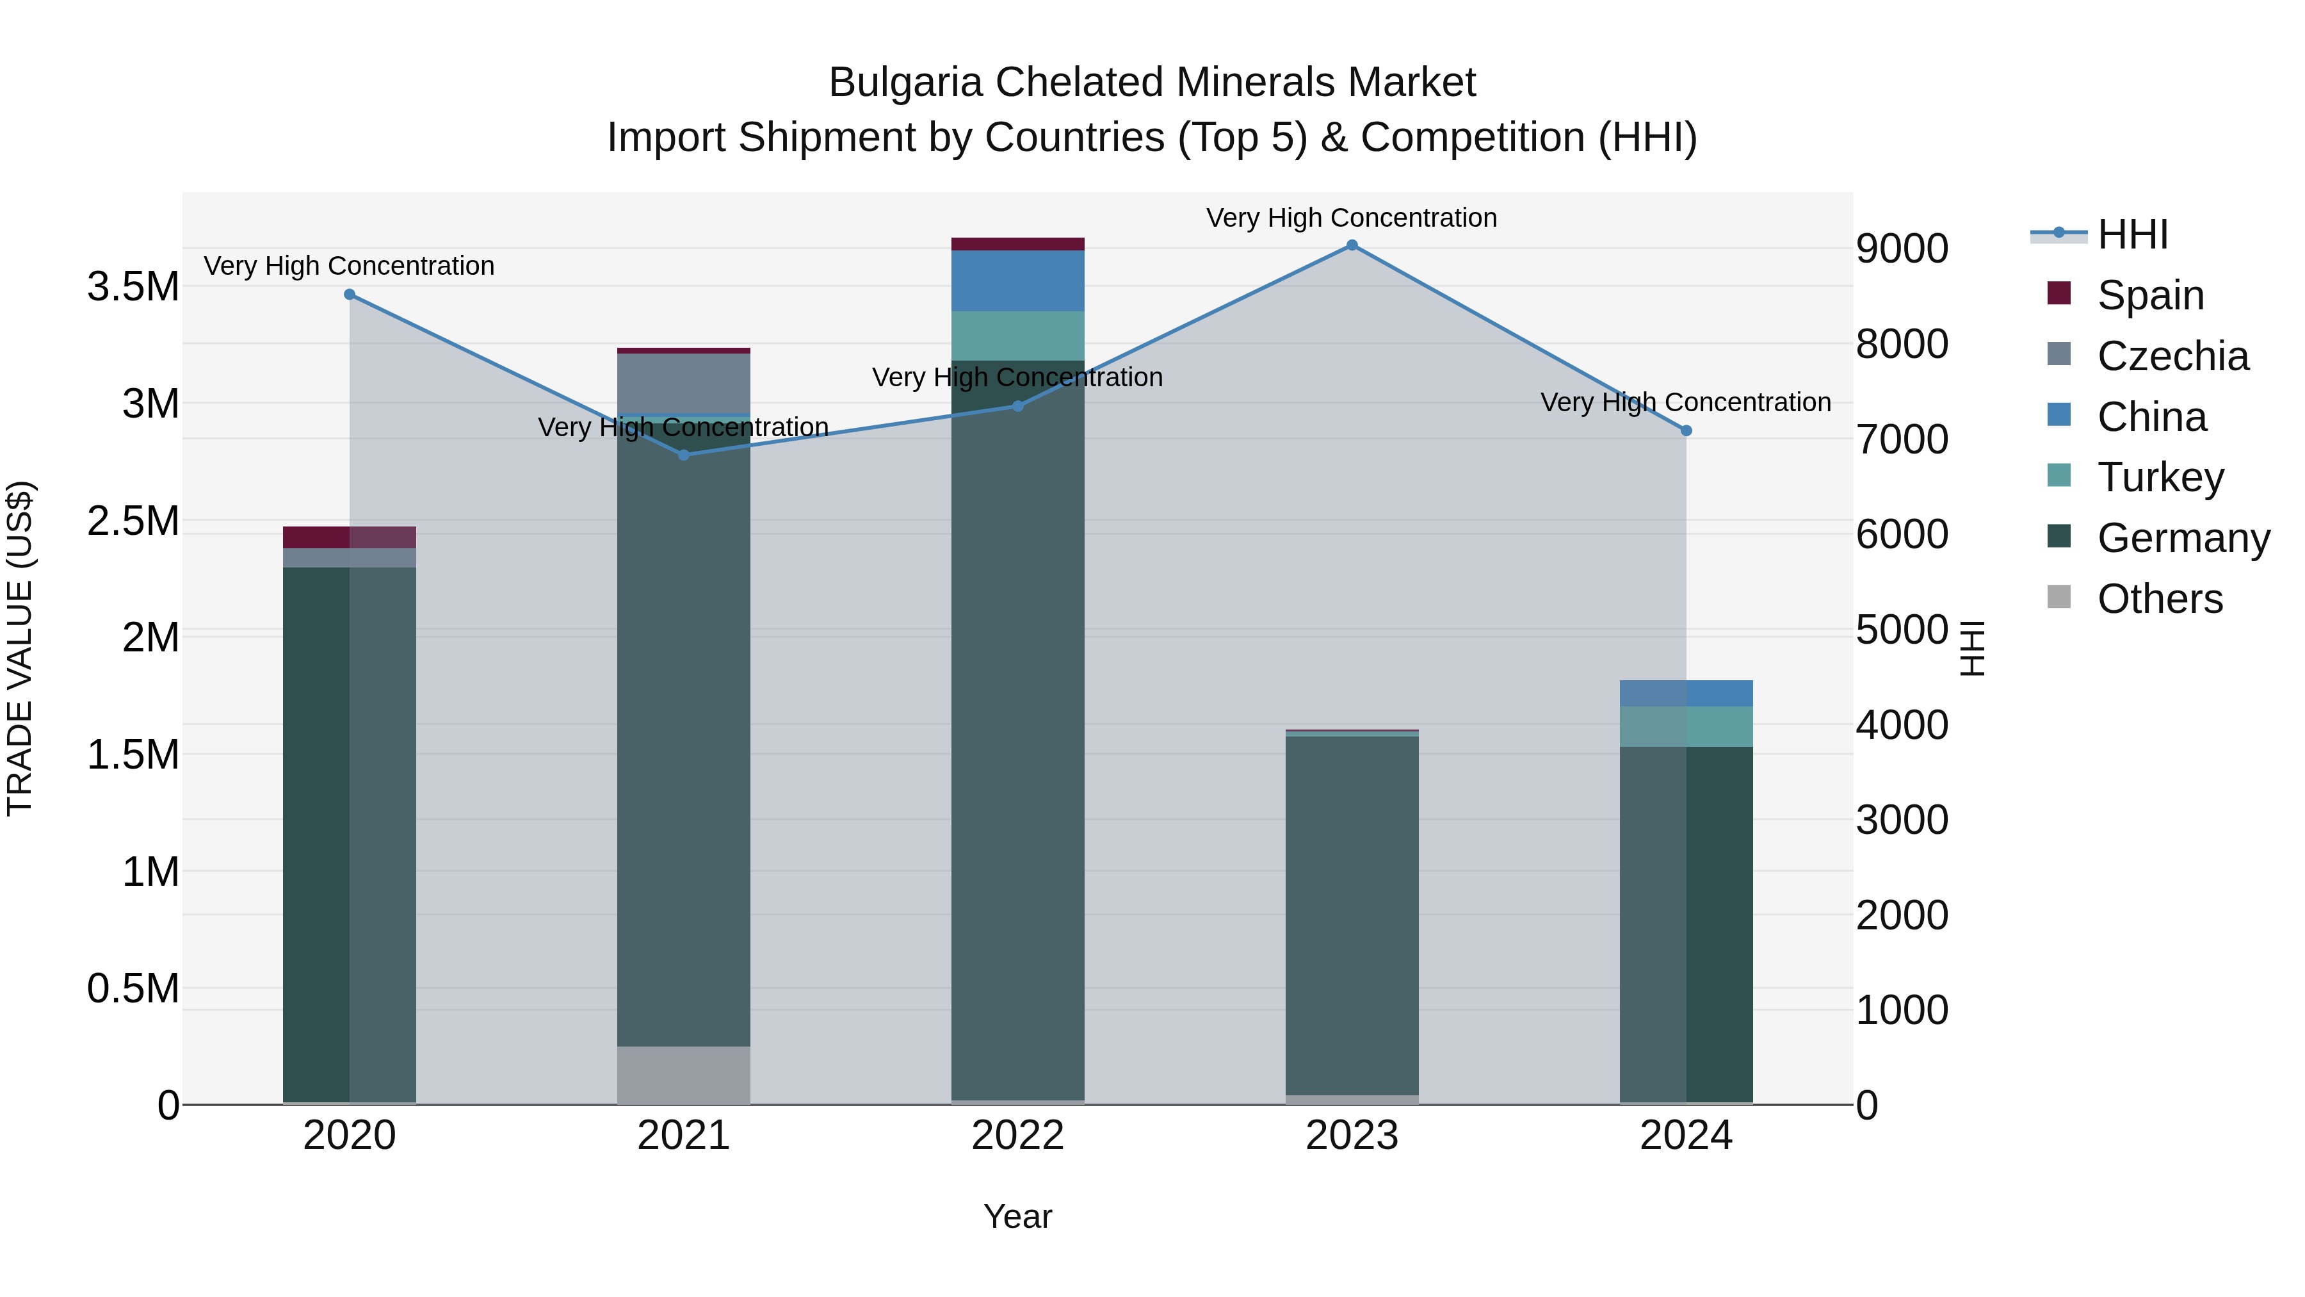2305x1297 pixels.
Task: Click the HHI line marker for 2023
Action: click(x=1351, y=245)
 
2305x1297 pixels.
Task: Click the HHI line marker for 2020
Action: click(x=350, y=295)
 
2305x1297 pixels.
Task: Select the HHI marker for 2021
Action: click(x=684, y=455)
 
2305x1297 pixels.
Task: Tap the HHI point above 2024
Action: click(x=1686, y=430)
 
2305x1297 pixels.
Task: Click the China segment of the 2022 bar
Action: click(x=1017, y=281)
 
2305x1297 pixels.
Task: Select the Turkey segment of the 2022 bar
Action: click(x=1017, y=336)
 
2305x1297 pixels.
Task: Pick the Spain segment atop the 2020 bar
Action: click(x=349, y=537)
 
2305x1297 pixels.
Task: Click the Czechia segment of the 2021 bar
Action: click(x=684, y=383)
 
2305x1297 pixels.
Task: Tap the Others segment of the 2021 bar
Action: click(x=684, y=1074)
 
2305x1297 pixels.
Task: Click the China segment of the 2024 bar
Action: click(x=1686, y=693)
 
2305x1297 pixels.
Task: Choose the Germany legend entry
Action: click(x=2183, y=538)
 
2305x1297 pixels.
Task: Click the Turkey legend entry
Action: click(x=2160, y=477)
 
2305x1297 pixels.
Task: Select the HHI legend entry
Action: click(x=2132, y=234)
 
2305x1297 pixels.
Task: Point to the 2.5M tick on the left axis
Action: click(x=133, y=521)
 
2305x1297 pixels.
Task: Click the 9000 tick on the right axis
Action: click(x=1902, y=249)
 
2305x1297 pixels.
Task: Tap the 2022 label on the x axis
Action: click(x=1017, y=1136)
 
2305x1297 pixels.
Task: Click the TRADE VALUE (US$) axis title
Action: click(x=20, y=648)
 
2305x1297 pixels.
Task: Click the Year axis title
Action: click(x=1017, y=1216)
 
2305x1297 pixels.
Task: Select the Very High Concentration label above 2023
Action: click(x=1351, y=218)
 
